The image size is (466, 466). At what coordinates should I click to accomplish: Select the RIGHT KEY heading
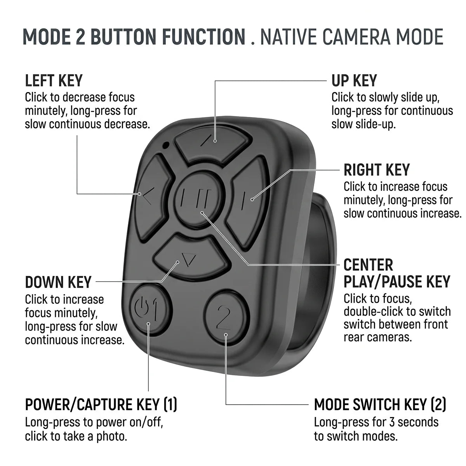pos(377,170)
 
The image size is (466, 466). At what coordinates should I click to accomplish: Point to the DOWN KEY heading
pos(58,282)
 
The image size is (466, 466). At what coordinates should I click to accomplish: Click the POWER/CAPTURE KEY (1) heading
pos(101,404)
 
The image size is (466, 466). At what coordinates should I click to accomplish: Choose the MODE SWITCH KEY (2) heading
pos(380,404)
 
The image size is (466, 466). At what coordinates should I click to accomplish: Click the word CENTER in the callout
pos(368,265)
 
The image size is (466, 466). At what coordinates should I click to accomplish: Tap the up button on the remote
pos(213,144)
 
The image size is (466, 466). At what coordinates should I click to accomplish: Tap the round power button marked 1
pos(150,310)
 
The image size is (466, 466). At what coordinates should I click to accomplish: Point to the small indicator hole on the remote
pos(166,145)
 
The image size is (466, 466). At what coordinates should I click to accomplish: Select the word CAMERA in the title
pos(356,37)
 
